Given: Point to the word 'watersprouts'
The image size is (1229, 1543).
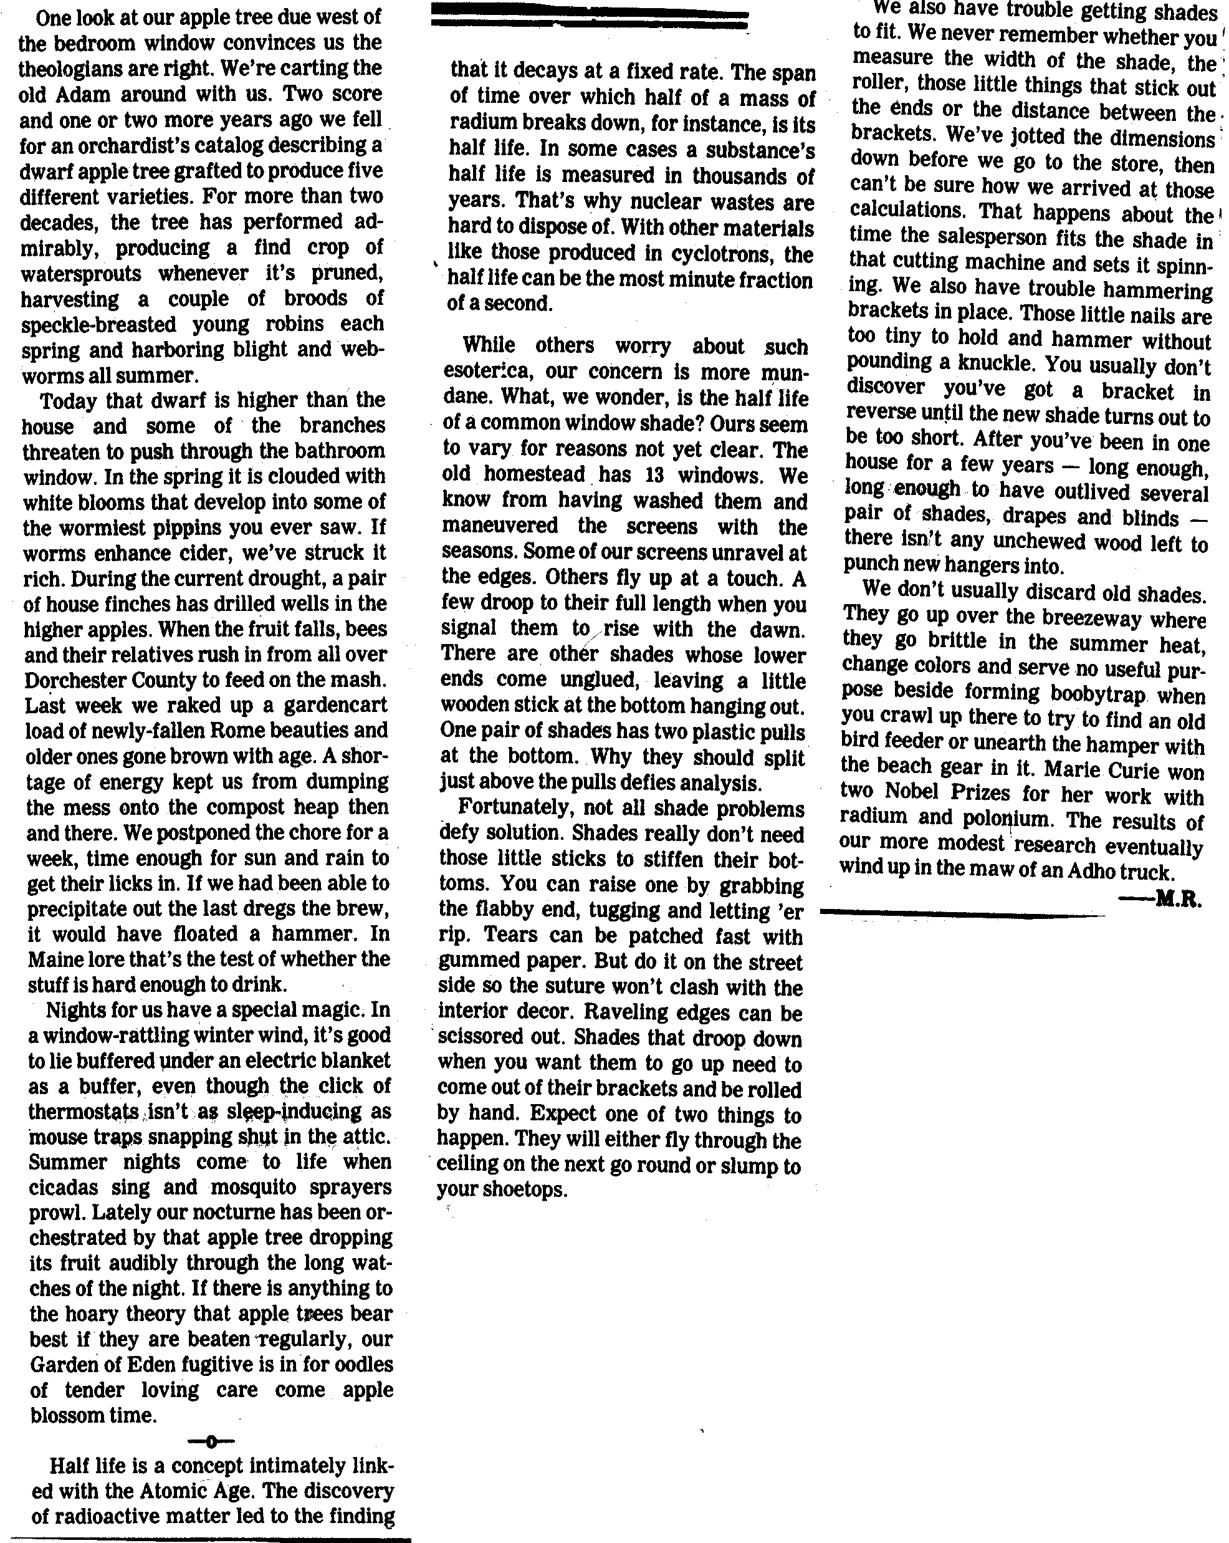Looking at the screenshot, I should (81, 274).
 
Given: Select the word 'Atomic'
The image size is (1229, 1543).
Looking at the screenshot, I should (155, 1491).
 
